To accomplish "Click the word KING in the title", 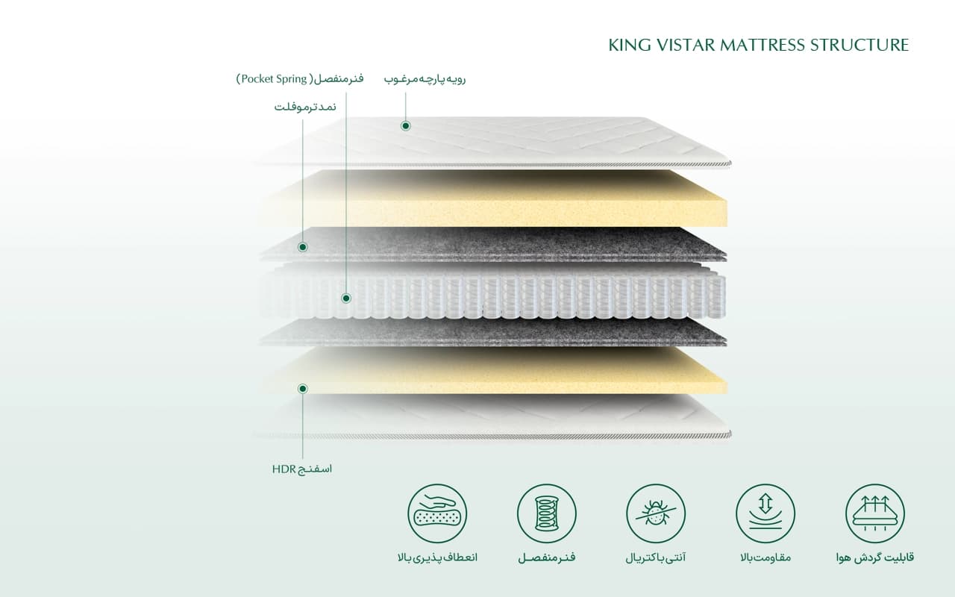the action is (x=629, y=45).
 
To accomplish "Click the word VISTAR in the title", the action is (x=686, y=45).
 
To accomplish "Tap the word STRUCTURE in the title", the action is (x=859, y=45).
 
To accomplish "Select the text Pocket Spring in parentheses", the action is (x=274, y=79).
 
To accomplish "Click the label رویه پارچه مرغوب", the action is (x=425, y=79).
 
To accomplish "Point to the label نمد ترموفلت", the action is (x=305, y=107).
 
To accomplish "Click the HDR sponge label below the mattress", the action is (x=302, y=469).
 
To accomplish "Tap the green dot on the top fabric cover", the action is (x=405, y=126).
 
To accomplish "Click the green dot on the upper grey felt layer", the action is (x=303, y=247).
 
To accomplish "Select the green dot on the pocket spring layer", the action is (x=346, y=298).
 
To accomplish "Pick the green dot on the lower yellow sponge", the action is (x=303, y=389).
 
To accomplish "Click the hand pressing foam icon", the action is (x=437, y=513).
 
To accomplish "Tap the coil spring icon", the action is (x=547, y=513).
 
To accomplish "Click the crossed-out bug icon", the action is (x=656, y=513).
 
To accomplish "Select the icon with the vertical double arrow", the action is (x=765, y=513).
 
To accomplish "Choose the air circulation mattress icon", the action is (x=875, y=513).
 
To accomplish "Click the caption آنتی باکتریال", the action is (x=656, y=557).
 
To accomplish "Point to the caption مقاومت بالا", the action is (x=765, y=557).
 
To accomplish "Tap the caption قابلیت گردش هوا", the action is (x=875, y=557).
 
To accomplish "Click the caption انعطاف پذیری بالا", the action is (x=437, y=557).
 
